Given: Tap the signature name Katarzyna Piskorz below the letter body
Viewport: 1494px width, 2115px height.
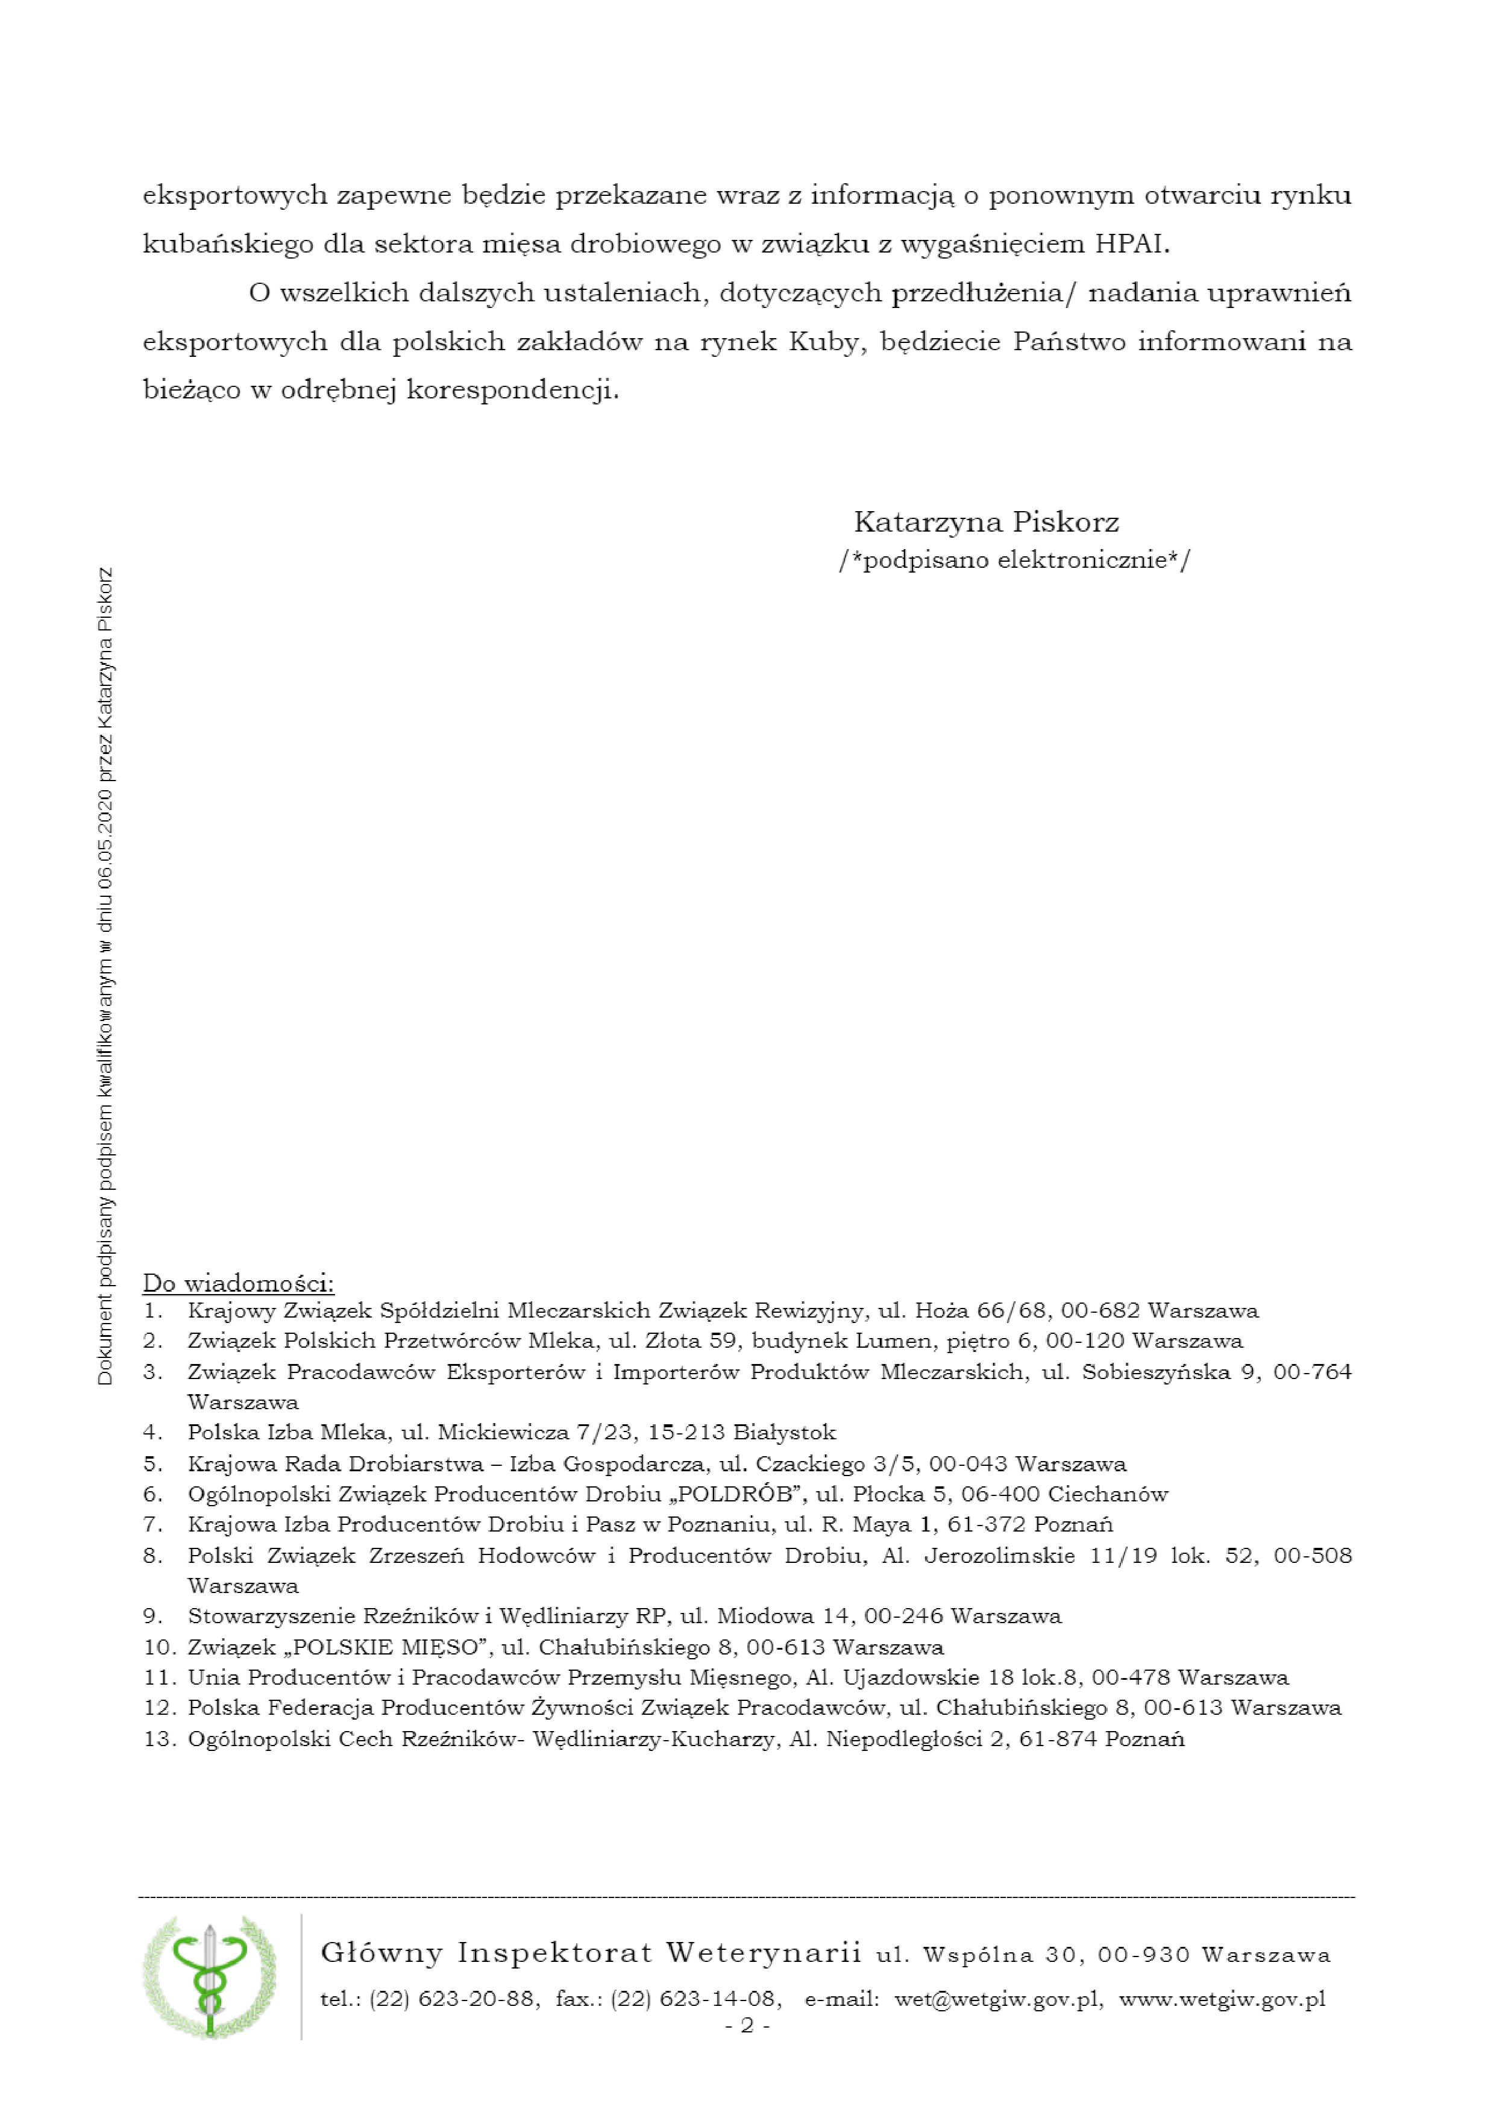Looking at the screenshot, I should (985, 523).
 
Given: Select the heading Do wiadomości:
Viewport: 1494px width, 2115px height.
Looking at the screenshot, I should (239, 1283).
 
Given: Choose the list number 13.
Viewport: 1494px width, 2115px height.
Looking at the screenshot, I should (159, 1739).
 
